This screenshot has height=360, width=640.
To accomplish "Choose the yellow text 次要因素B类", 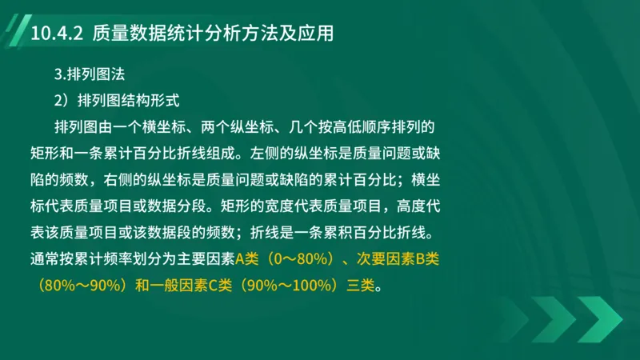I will click(x=398, y=259).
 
